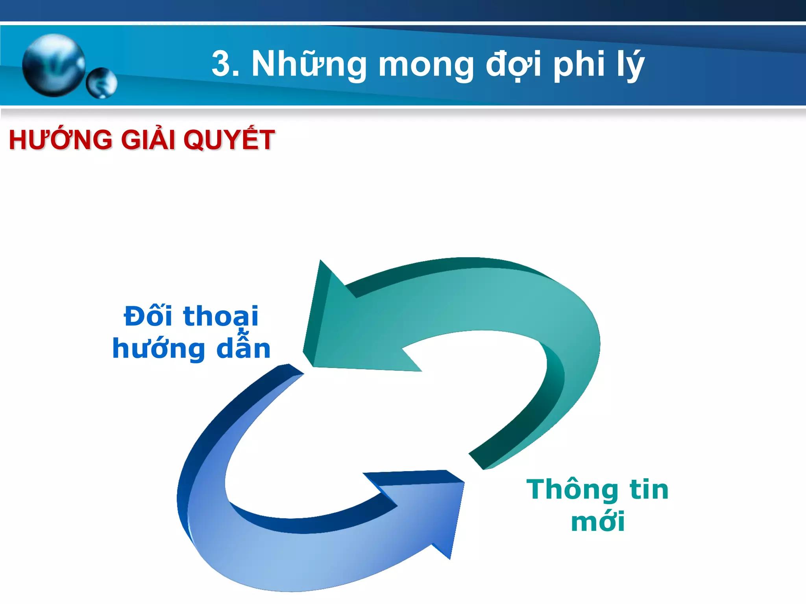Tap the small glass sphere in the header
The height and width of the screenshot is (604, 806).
[x=102, y=83]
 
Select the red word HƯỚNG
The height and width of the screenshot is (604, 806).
[x=60, y=140]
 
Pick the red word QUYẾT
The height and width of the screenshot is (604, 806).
[x=229, y=140]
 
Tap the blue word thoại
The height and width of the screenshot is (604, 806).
[x=221, y=317]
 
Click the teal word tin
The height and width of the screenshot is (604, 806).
[x=649, y=490]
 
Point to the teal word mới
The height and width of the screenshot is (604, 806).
[x=597, y=522]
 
